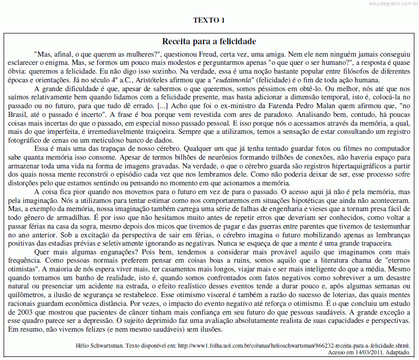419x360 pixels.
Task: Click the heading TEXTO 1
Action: click(209, 21)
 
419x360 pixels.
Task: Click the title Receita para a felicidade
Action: click(209, 41)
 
